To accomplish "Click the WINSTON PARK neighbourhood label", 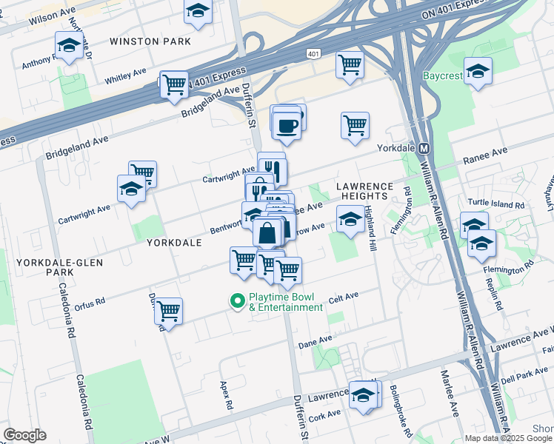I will coord(150,41).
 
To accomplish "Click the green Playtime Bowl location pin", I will coord(237,300).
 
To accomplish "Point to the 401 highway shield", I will coord(314,54).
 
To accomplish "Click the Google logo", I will coord(24,434).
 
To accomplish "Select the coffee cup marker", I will coord(287,124).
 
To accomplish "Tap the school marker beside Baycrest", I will coord(478,72).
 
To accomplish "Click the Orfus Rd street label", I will coord(90,302).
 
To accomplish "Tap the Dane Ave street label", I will coord(315,342).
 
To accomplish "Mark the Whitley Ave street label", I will coord(125,75).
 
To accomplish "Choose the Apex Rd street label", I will coord(225,396).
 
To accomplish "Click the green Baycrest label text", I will coord(443,76).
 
